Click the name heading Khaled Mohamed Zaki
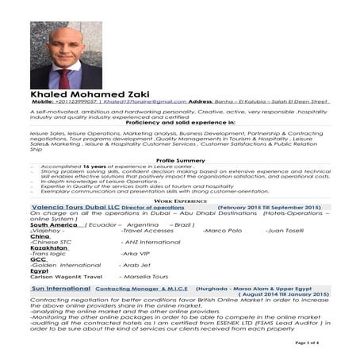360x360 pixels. (x=86, y=94)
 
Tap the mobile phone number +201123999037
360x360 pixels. (x=78, y=102)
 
